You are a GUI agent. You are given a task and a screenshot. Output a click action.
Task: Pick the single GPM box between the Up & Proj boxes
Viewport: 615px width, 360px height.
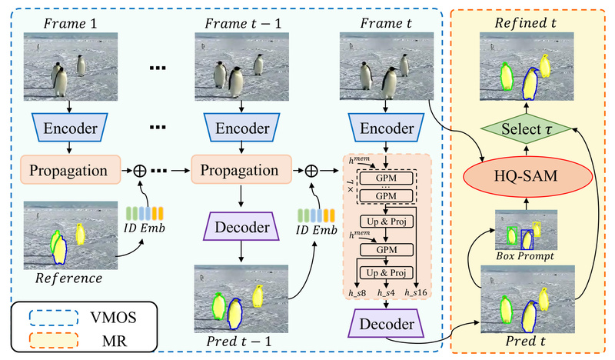coord(386,249)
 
